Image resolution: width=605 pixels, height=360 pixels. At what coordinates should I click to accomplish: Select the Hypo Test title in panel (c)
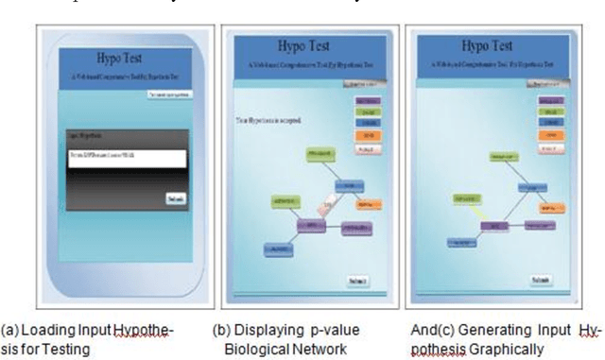point(487,46)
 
